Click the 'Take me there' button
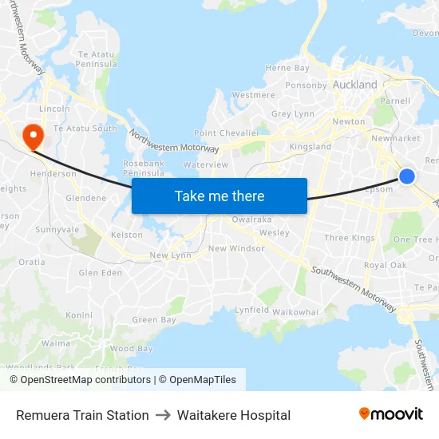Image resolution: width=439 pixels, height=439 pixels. tap(219, 196)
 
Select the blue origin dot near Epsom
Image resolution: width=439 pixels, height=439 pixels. tap(406, 176)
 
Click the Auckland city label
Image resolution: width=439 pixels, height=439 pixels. tap(355, 85)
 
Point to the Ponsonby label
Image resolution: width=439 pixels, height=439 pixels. tap(307, 85)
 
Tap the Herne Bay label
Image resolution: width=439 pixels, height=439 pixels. tap(287, 69)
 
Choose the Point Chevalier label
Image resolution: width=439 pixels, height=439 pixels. tap(227, 133)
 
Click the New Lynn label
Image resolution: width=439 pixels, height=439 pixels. tap(169, 255)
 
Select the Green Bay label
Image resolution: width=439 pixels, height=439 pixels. tap(154, 320)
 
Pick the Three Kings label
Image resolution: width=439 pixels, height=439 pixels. tap(350, 238)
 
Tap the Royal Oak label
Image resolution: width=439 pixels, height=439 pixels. tap(385, 265)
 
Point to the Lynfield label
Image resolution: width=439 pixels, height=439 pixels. tap(251, 310)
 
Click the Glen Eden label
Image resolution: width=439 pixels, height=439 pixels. tap(101, 272)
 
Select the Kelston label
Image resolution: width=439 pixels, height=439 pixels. tap(127, 235)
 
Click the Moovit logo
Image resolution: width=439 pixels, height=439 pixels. tap(390, 413)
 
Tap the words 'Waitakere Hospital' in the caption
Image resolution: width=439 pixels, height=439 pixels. tap(234, 415)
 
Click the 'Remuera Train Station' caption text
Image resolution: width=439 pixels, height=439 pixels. tap(82, 415)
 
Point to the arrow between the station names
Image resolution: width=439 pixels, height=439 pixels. tap(163, 415)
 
